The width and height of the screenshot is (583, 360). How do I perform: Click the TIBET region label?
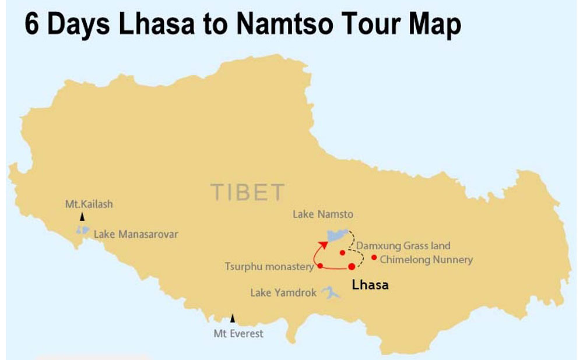248,192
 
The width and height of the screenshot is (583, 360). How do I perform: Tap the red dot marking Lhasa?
352,266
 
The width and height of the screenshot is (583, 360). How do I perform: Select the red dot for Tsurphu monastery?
320,266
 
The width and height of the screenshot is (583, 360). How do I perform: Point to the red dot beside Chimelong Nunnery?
374,257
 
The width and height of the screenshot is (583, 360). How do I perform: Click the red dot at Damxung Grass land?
343,252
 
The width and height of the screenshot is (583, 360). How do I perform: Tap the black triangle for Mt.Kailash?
82,217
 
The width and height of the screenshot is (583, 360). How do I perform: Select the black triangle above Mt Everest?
233,318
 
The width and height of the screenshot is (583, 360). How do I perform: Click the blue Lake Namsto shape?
336,235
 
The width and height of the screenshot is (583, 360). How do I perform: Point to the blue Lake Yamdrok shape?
331,293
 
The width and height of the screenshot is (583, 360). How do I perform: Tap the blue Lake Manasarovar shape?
83,231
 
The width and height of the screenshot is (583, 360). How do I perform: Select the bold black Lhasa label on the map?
369,285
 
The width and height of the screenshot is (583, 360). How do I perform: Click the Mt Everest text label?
238,334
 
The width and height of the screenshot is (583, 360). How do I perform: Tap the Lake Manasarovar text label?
136,234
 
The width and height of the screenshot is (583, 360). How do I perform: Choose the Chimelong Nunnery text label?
426,260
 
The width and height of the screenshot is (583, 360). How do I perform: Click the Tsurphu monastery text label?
269,267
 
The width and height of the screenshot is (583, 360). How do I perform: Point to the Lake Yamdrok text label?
283,293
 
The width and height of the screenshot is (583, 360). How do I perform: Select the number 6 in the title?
32,26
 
